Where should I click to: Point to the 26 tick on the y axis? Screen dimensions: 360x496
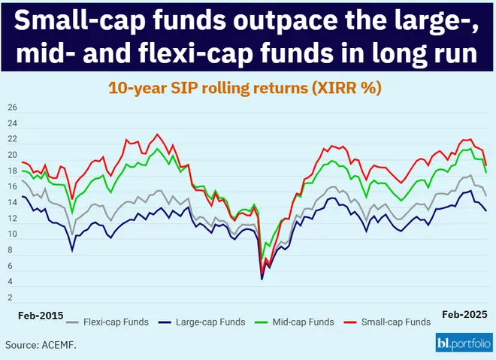tap(11, 108)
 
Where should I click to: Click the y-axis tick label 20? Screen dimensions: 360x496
tap(11, 156)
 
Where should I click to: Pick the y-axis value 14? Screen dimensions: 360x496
tap(11, 203)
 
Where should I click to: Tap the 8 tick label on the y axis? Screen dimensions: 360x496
tap(11, 250)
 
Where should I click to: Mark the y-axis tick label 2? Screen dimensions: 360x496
tap(11, 298)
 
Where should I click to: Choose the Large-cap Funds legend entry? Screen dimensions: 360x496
tap(210, 322)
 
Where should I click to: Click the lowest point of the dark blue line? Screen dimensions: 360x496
tap(262, 279)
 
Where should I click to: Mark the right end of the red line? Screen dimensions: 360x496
tap(486, 165)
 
